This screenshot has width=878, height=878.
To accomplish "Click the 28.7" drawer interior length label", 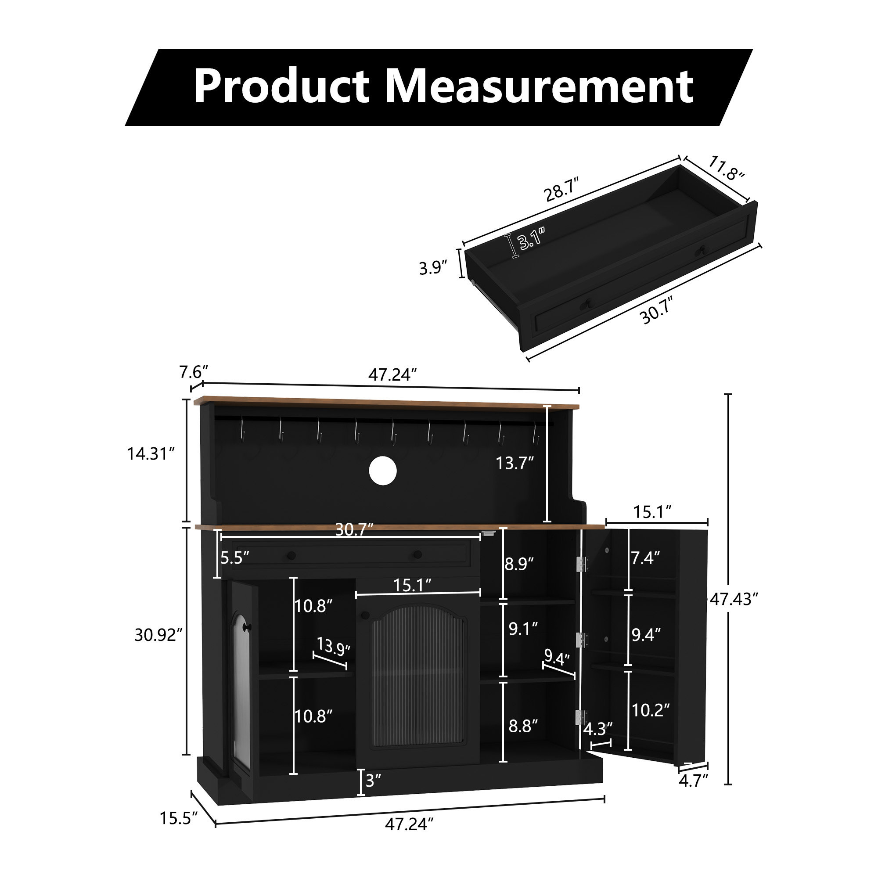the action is (x=562, y=190).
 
